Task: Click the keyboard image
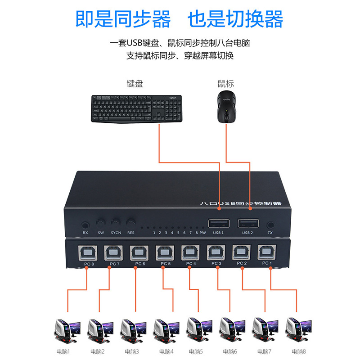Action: pyautogui.click(x=136, y=108)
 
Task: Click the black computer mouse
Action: pyautogui.click(x=225, y=106)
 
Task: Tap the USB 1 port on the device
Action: pyautogui.click(x=219, y=223)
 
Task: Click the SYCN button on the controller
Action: pyautogui.click(x=116, y=223)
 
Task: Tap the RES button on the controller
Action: pyautogui.click(x=131, y=223)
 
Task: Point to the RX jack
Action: pyautogui.click(x=85, y=225)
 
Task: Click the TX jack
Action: pyautogui.click(x=270, y=225)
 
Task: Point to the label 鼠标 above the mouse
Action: pyautogui.click(x=226, y=84)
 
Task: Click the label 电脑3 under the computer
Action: pyautogui.click(x=131, y=351)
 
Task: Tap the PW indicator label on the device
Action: pyautogui.click(x=202, y=233)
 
